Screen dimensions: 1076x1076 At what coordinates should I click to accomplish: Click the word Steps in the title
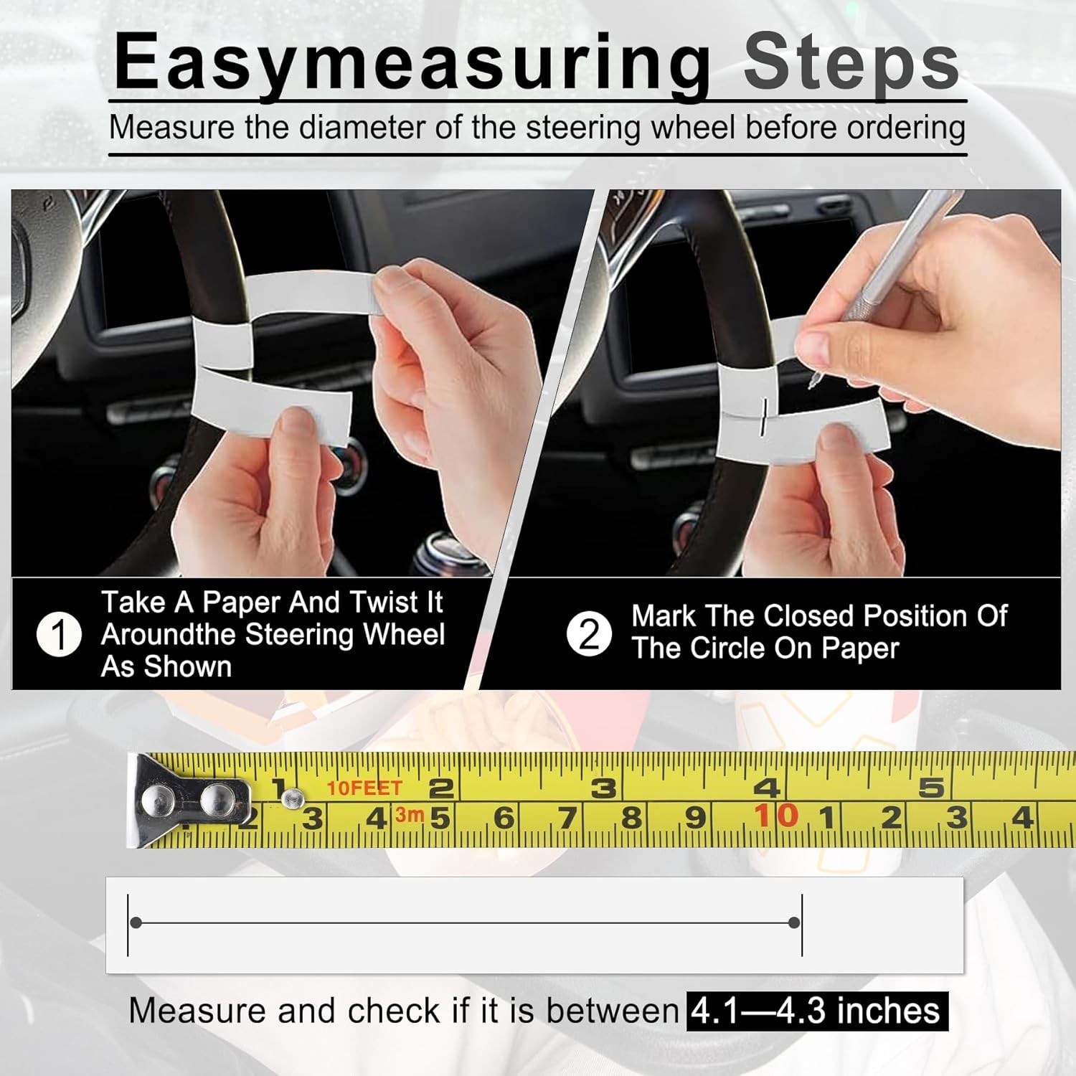[x=851, y=63]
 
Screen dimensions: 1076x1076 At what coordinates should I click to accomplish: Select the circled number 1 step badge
[x=59, y=634]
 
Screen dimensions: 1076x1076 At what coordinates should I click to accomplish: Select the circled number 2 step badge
[x=588, y=634]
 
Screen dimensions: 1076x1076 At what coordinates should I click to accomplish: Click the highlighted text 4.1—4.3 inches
[x=816, y=1011]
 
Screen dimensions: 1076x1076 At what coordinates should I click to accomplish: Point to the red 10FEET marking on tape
[x=364, y=788]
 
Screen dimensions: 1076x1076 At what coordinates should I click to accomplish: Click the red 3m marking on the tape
[x=410, y=815]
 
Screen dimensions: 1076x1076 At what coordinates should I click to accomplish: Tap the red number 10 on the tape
[x=775, y=816]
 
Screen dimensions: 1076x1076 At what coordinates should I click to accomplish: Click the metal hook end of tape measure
[x=188, y=799]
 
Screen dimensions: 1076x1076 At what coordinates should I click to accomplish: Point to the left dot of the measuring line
[x=136, y=922]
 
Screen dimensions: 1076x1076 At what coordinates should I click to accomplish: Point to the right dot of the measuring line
[x=793, y=922]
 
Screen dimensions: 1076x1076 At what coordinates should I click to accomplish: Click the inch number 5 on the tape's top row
[x=931, y=788]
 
